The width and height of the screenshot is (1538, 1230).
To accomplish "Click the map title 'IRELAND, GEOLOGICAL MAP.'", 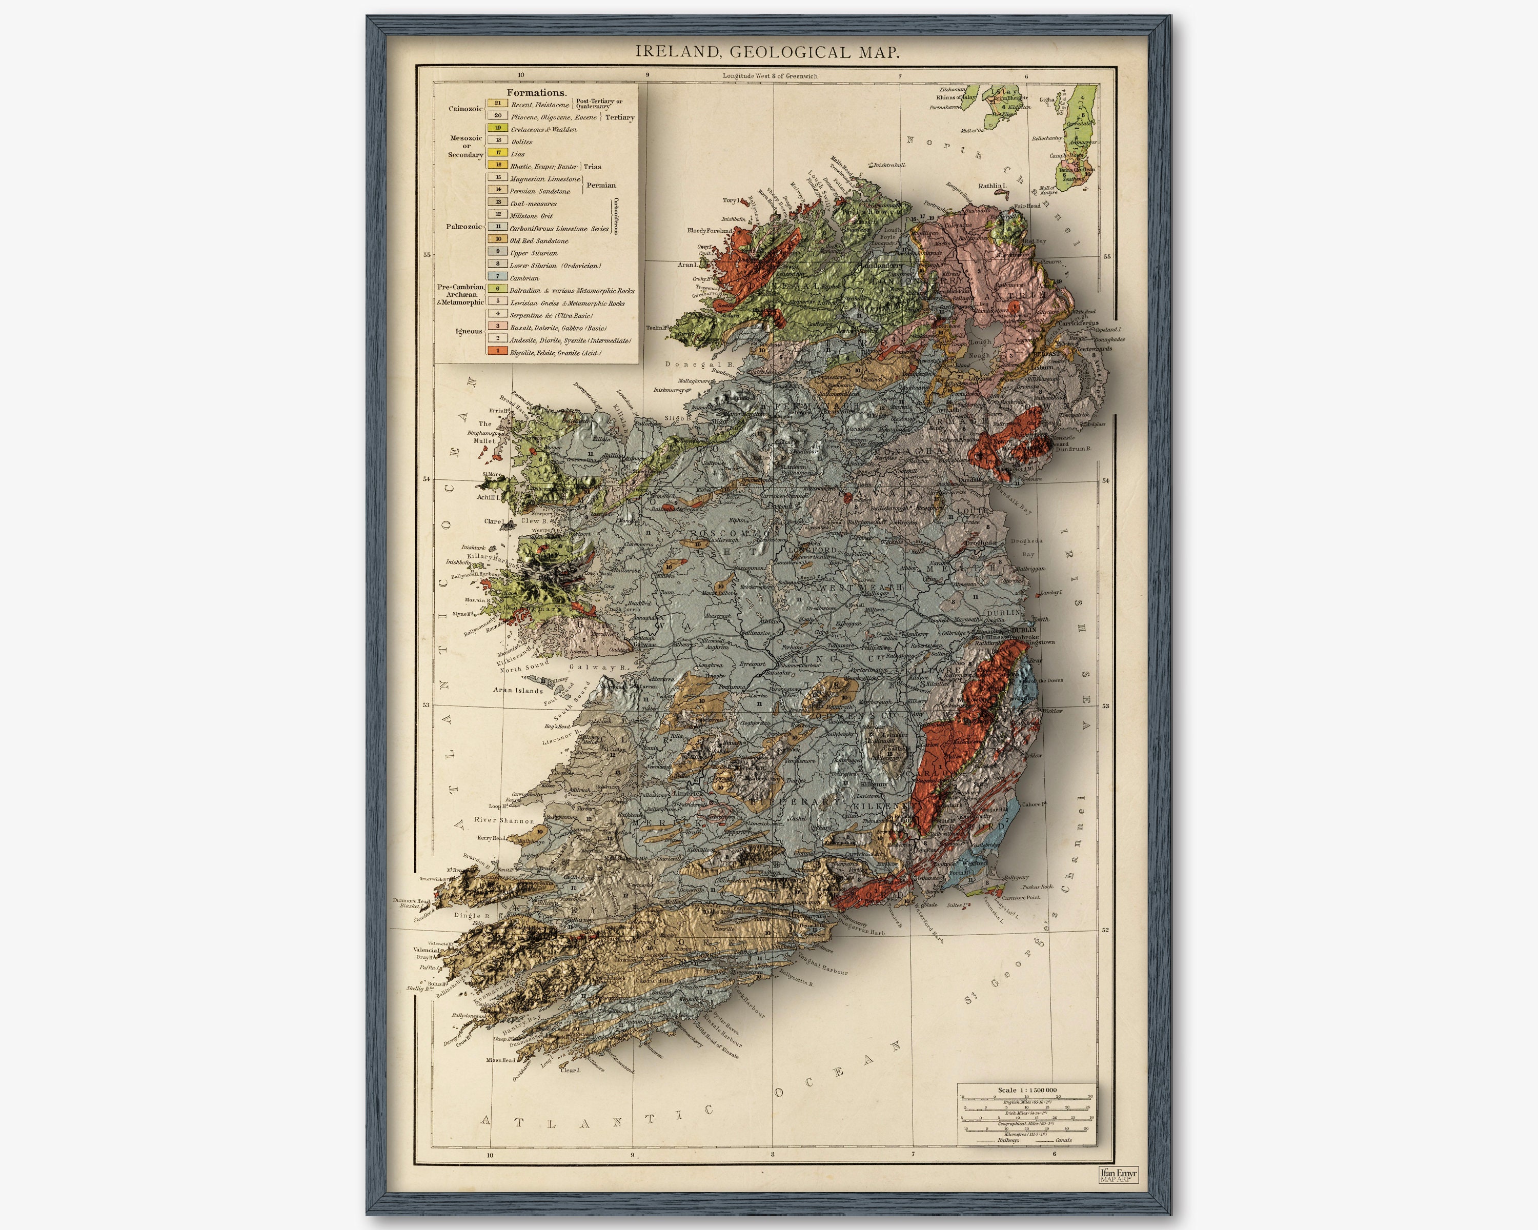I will tap(767, 52).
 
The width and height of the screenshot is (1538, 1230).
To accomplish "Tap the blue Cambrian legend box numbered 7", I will tap(498, 276).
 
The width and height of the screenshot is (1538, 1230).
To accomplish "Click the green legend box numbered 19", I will tap(498, 128).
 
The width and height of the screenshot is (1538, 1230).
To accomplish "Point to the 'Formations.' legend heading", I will tap(536, 93).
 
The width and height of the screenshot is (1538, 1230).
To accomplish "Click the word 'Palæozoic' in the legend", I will tap(463, 227).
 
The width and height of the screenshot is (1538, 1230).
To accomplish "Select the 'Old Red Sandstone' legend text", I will tap(539, 241).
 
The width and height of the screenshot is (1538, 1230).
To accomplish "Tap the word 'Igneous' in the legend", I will tap(469, 331).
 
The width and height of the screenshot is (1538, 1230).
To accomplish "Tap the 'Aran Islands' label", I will tap(518, 691).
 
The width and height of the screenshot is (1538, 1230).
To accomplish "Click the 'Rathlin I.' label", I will tap(991, 186).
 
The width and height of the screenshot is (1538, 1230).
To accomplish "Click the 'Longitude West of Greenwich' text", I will tap(770, 76).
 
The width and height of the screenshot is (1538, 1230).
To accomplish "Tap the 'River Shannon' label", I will tap(503, 820).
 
